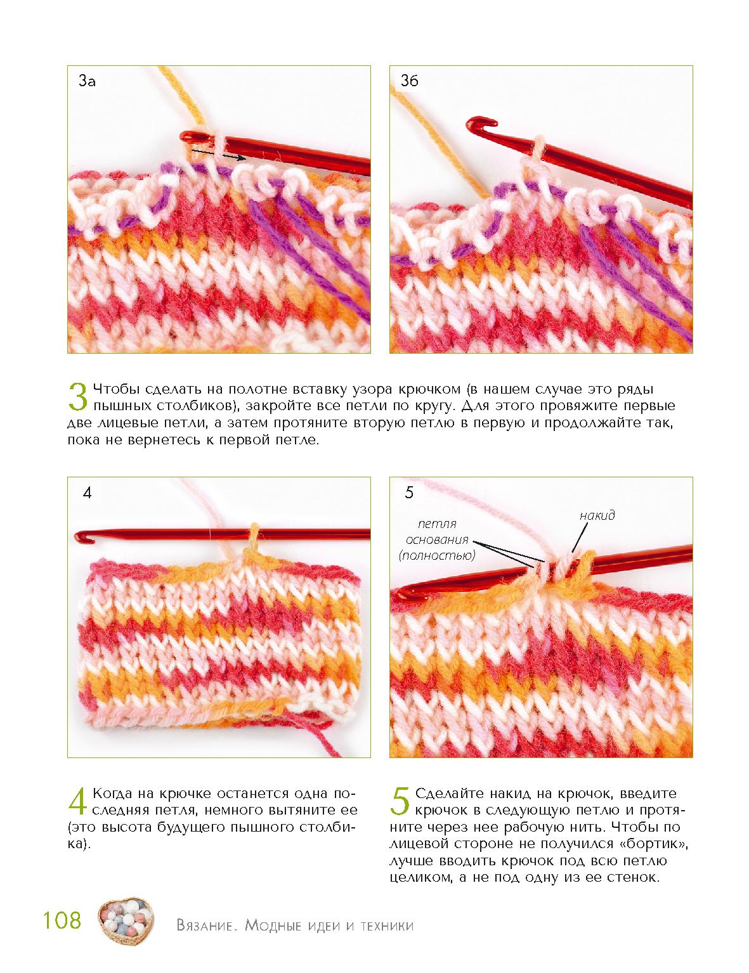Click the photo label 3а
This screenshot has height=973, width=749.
click(87, 81)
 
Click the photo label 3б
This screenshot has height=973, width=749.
click(409, 80)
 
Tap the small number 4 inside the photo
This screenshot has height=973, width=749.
click(88, 493)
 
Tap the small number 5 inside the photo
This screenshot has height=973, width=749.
click(408, 493)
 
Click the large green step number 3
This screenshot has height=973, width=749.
click(78, 396)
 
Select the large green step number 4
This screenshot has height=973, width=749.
click(77, 801)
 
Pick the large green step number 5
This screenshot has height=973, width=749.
click(400, 801)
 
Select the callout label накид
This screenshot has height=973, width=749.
click(597, 515)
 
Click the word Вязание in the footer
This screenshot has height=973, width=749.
click(205, 925)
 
